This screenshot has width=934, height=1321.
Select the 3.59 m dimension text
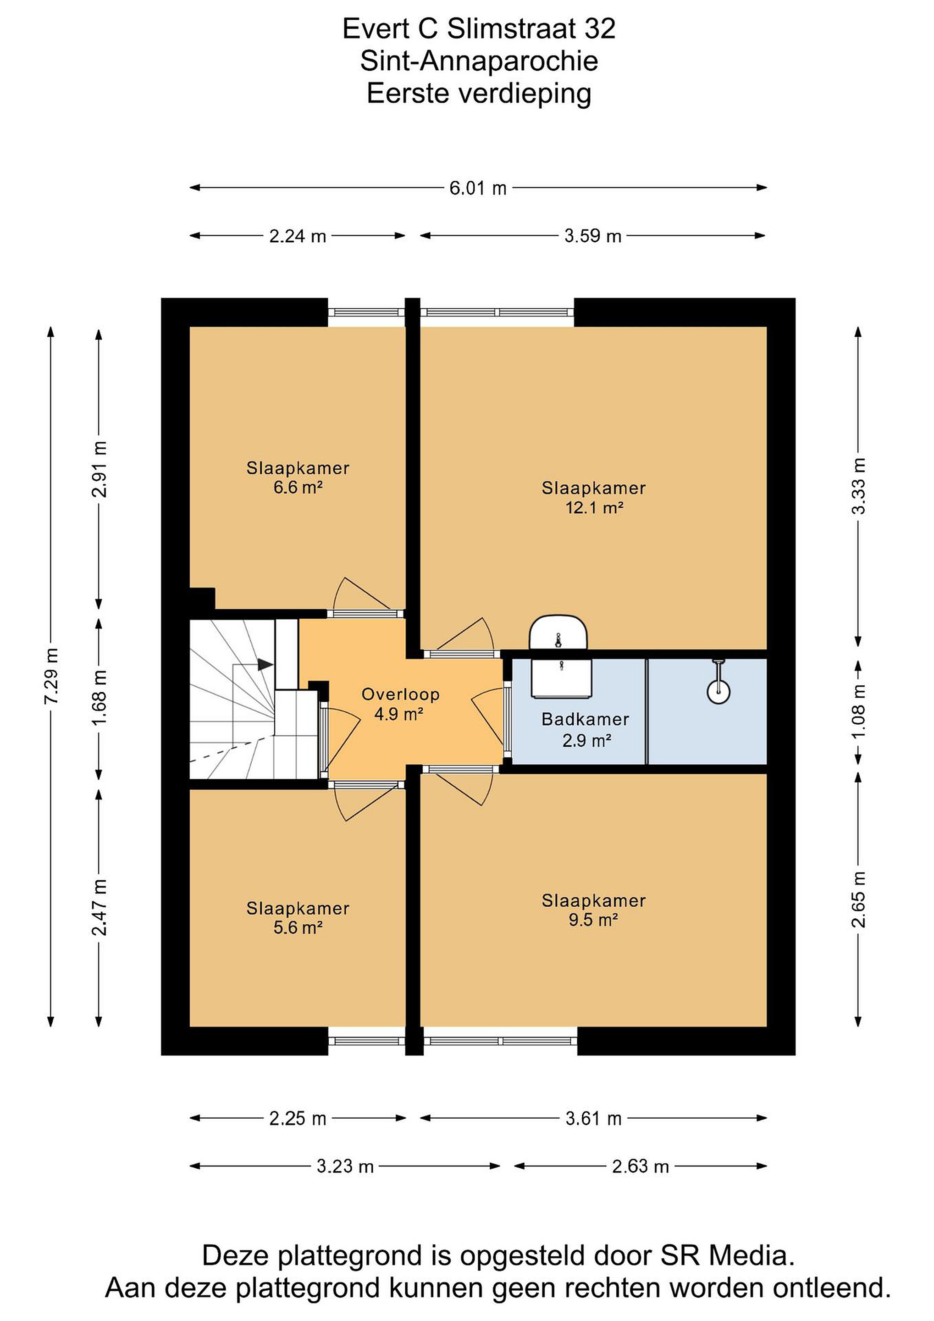(x=593, y=236)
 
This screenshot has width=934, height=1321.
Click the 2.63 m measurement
(x=641, y=1166)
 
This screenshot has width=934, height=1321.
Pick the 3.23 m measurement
(x=345, y=1166)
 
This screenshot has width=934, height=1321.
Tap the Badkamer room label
(x=586, y=719)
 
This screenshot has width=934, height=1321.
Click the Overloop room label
(x=400, y=694)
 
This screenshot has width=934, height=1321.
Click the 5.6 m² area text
(x=298, y=927)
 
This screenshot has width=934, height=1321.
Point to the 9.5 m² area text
(x=593, y=919)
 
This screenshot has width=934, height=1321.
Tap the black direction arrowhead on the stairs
(x=265, y=665)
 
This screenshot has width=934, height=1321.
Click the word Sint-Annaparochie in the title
(x=479, y=61)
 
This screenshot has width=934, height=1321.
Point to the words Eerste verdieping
(x=479, y=93)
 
